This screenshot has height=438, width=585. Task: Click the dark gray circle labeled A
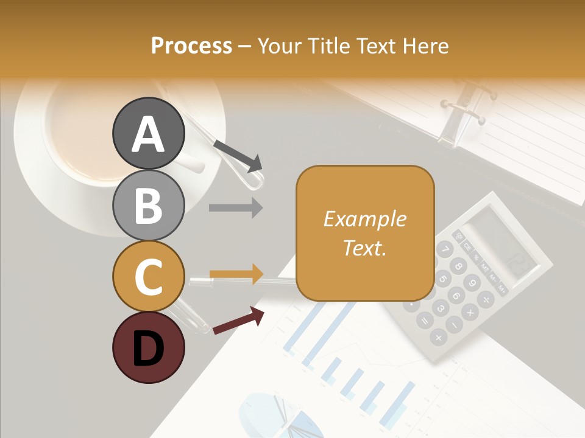click(149, 133)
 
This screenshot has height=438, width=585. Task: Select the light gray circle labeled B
click(149, 205)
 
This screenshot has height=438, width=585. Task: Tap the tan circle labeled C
click(149, 276)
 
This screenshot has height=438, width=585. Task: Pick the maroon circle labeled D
click(149, 347)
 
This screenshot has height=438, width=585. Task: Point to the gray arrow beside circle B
click(236, 208)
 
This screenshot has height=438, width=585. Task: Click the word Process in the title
click(191, 46)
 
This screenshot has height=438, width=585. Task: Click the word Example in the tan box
click(364, 219)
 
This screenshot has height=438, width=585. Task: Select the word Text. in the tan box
click(364, 248)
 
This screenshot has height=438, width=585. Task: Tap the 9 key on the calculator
click(471, 283)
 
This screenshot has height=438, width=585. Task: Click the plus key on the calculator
click(438, 336)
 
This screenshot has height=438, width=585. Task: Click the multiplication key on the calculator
click(470, 313)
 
